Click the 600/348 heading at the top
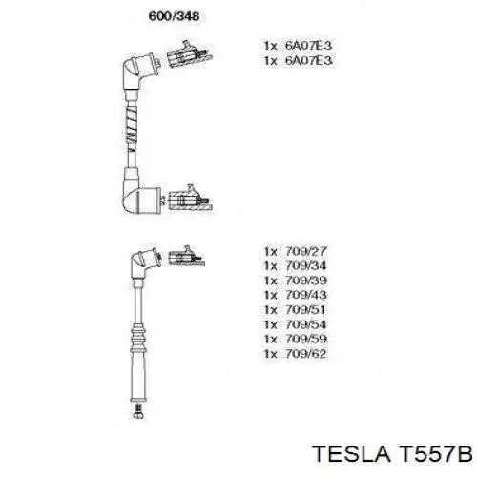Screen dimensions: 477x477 click(x=174, y=16)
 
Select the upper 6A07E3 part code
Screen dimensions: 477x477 click(x=308, y=46)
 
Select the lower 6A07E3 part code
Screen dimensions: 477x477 click(x=308, y=60)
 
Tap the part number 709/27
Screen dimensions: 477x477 click(x=306, y=251)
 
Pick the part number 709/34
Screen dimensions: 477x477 click(x=306, y=266)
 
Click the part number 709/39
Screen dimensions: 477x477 click(x=306, y=280)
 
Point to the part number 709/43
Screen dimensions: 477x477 click(x=306, y=295)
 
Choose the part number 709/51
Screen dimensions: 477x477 click(x=306, y=310)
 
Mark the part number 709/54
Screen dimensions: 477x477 click(x=306, y=324)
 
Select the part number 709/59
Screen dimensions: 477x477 click(x=306, y=339)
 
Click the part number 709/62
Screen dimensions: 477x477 click(x=306, y=354)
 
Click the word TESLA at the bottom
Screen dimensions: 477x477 click(x=351, y=454)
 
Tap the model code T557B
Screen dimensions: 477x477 click(x=435, y=454)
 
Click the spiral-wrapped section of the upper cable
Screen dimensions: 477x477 click(x=132, y=126)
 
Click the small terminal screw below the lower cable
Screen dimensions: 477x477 click(x=137, y=411)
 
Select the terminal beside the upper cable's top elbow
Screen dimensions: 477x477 click(x=189, y=54)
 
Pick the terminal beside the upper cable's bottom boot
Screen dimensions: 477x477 click(x=190, y=198)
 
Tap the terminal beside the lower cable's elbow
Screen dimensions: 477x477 click(x=186, y=257)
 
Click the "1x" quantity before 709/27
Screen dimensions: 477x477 click(x=271, y=251)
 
